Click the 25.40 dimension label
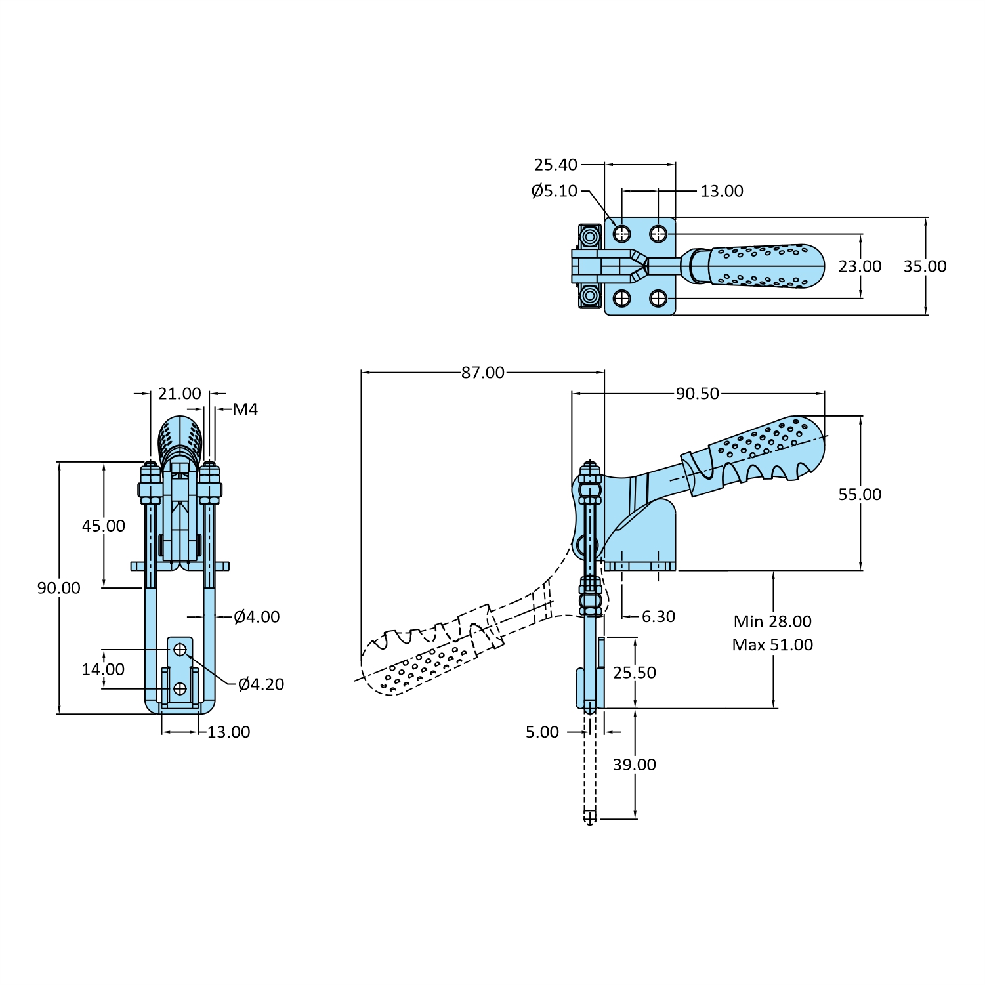click(x=555, y=165)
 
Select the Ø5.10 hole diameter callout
click(x=554, y=191)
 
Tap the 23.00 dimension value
click(x=860, y=266)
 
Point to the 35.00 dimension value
click(x=925, y=266)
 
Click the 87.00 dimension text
click(x=483, y=373)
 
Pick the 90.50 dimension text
click(x=698, y=394)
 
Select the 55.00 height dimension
click(x=860, y=495)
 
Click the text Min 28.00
click(x=772, y=621)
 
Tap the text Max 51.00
click(x=772, y=645)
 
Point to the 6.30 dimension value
click(x=658, y=617)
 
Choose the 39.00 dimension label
click(x=634, y=765)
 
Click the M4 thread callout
click(x=245, y=409)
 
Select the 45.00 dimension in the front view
click(x=103, y=526)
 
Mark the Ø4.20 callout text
click(x=261, y=684)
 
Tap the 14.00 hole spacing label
click(x=103, y=669)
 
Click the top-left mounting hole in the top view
click(x=621, y=234)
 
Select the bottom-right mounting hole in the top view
click(x=658, y=299)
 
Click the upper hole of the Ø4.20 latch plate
click(x=180, y=650)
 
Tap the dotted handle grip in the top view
click(x=765, y=266)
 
